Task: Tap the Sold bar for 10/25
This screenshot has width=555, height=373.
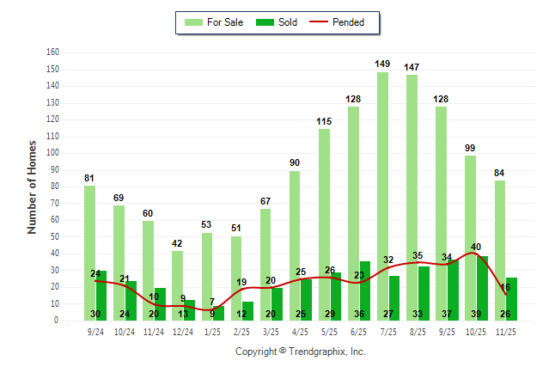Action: pos(483,288)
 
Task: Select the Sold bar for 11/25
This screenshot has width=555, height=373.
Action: pos(512,299)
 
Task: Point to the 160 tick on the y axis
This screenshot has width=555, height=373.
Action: pos(52,52)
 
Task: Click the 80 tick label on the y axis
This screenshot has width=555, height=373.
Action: pos(54,186)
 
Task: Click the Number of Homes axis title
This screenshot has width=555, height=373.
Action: pos(32,186)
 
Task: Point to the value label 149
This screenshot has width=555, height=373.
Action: pos(383,64)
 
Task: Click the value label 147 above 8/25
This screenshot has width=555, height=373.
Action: pos(412,67)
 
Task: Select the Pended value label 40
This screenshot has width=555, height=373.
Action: pos(476,247)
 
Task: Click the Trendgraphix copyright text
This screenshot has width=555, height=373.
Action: pos(301,352)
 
